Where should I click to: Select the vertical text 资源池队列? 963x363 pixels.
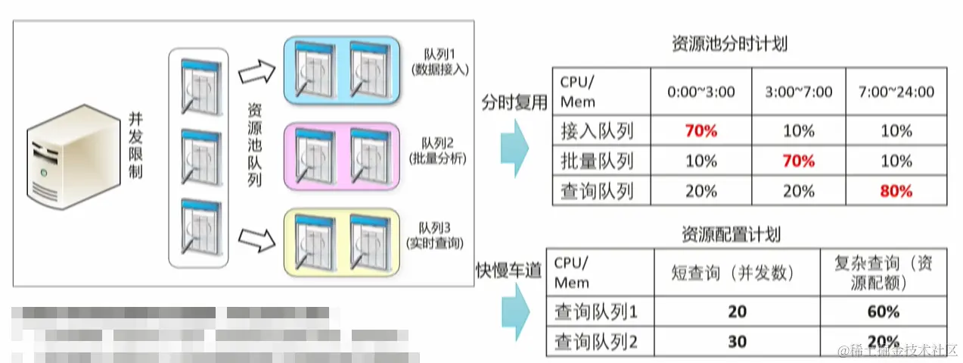point(256,145)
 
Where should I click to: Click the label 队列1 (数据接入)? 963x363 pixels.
point(440,63)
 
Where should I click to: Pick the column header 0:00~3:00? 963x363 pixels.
point(701,92)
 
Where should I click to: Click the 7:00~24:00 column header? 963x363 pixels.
point(896,92)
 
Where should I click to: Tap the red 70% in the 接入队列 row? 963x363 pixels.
point(701,131)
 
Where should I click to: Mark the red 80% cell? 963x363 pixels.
point(896,191)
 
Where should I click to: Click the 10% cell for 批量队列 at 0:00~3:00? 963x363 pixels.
point(701,161)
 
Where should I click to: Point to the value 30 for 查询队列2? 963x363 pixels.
point(737,342)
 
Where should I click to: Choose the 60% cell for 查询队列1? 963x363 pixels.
point(883,311)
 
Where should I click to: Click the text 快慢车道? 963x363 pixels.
point(508,271)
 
